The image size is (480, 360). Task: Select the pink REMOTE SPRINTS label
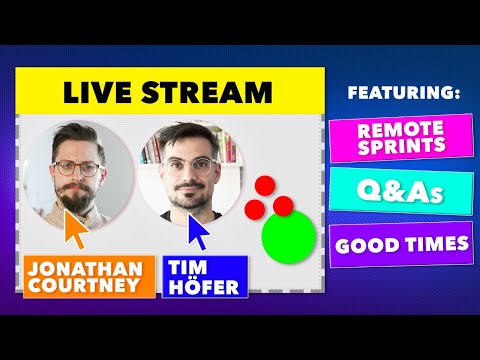click(400, 138)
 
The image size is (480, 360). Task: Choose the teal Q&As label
click(400, 190)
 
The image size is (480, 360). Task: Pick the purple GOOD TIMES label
click(400, 243)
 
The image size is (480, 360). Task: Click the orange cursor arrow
click(75, 228)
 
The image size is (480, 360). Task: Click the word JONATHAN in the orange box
click(90, 270)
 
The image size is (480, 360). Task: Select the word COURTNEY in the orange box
click(90, 289)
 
